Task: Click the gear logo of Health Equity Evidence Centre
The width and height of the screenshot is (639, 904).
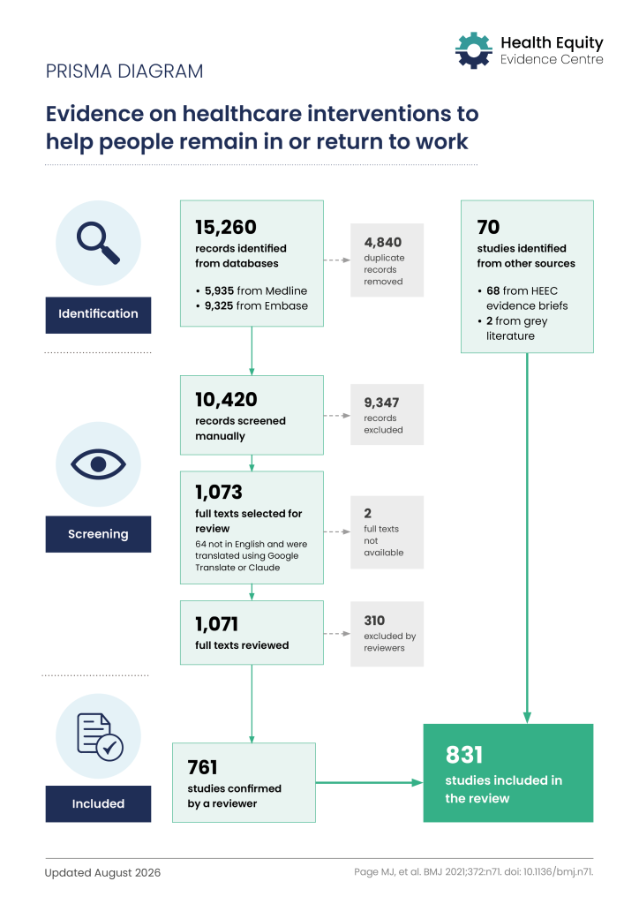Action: click(x=474, y=50)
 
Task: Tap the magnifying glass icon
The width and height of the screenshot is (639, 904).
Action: click(x=99, y=244)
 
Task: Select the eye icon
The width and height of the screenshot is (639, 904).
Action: click(x=99, y=464)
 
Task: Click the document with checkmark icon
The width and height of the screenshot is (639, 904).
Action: click(x=100, y=737)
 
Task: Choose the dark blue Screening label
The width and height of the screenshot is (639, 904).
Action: click(x=99, y=534)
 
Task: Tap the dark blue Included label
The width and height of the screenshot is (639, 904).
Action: click(x=99, y=803)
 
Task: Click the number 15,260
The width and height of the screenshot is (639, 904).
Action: click(x=226, y=227)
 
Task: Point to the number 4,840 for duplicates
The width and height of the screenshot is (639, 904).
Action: click(x=382, y=242)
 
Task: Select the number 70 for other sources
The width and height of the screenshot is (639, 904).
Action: click(x=488, y=227)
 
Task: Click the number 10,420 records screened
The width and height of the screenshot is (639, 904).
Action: click(x=226, y=400)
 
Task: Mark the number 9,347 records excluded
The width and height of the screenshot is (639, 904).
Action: click(x=381, y=403)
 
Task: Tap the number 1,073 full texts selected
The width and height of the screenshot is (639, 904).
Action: click(x=218, y=492)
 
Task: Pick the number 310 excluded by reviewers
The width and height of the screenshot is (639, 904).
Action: click(x=374, y=621)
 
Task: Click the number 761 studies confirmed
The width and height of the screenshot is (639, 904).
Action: click(x=202, y=767)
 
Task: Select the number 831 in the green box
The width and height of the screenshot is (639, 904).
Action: click(x=464, y=755)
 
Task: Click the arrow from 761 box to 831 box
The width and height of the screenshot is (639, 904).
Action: click(x=369, y=782)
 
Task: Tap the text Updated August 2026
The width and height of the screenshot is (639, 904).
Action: click(x=102, y=873)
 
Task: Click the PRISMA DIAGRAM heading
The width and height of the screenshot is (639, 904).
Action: click(x=124, y=72)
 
